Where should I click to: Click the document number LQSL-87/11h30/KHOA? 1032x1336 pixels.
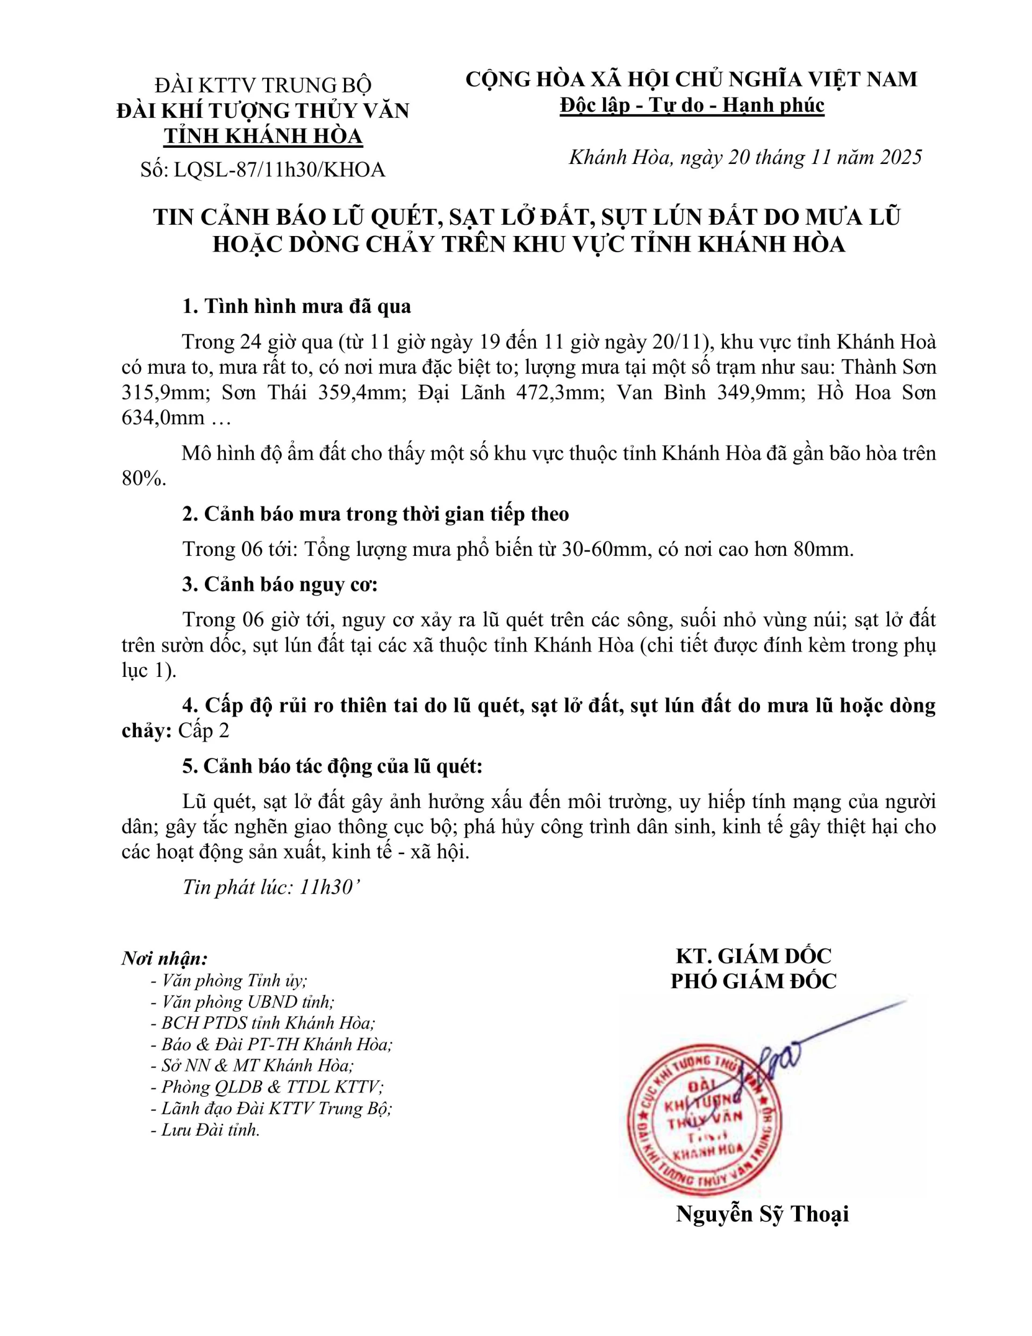click(x=279, y=169)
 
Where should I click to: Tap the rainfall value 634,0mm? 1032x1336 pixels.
click(x=163, y=418)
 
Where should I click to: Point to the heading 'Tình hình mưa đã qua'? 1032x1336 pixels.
click(x=307, y=306)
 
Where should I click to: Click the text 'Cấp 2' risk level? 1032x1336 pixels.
click(x=203, y=731)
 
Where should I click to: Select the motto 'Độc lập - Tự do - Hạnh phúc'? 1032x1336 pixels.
click(x=692, y=105)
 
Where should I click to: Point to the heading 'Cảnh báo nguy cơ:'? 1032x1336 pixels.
click(x=291, y=585)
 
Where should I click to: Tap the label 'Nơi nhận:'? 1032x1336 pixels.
click(x=164, y=958)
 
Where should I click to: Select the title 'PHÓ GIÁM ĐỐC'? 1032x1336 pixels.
click(x=753, y=981)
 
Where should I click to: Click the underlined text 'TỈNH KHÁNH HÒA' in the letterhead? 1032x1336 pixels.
click(x=263, y=137)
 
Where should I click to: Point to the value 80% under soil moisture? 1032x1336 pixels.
click(x=143, y=479)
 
